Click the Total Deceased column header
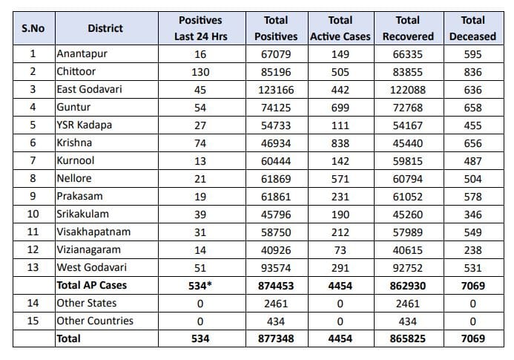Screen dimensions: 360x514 pyautogui.click(x=472, y=28)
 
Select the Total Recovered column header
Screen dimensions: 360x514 pyautogui.click(x=408, y=28)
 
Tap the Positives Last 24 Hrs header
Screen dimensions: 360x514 pyautogui.click(x=200, y=28)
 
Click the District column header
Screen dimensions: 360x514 pyautogui.click(x=105, y=28)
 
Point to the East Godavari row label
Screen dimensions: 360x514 pyautogui.click(x=90, y=89)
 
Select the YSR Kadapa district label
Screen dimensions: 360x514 pyautogui.click(x=84, y=125)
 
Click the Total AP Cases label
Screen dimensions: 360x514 pyautogui.click(x=92, y=285)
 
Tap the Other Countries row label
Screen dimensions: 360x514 pyautogui.click(x=95, y=321)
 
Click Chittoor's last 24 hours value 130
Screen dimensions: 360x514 pyautogui.click(x=200, y=72)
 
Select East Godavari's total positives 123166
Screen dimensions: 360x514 pyautogui.click(x=276, y=90)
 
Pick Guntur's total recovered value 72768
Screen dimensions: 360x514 pyautogui.click(x=408, y=108)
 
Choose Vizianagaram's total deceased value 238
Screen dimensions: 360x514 pyautogui.click(x=472, y=250)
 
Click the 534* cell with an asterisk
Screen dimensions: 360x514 pyautogui.click(x=200, y=286)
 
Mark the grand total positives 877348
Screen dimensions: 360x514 pyautogui.click(x=276, y=338)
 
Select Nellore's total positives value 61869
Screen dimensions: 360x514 pyautogui.click(x=276, y=179)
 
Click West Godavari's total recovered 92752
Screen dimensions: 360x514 pyautogui.click(x=408, y=268)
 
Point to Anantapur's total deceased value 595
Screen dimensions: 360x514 pyautogui.click(x=472, y=54)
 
